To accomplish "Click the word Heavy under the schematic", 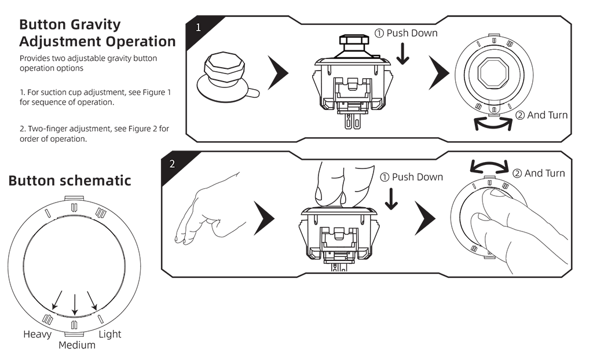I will point(37,335).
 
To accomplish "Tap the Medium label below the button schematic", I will point(77,346).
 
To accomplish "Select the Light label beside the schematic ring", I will point(110,335).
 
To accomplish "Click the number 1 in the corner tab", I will point(198,27).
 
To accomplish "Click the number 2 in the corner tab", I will point(172,164).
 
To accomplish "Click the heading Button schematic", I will point(69,181).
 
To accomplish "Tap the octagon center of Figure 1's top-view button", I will point(493,74).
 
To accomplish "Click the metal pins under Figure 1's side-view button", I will point(352,121).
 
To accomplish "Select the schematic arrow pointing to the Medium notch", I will point(74,303).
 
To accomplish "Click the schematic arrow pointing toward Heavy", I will point(56,299).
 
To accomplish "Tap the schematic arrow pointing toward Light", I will point(91,299).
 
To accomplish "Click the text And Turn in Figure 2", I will point(544,173).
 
